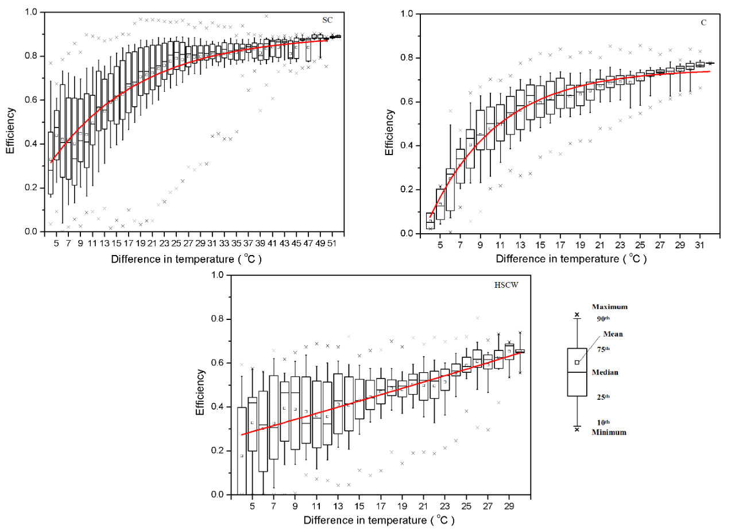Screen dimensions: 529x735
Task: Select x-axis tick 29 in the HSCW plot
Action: [508, 507]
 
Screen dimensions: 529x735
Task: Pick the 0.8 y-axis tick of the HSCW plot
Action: [218, 319]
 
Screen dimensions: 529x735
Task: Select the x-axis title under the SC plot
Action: [186, 258]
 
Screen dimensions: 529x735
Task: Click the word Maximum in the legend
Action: [610, 307]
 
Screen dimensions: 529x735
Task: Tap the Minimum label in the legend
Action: [609, 432]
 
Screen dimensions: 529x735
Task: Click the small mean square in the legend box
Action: [577, 362]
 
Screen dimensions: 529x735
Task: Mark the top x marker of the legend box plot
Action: [577, 315]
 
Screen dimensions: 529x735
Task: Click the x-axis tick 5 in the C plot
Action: [440, 245]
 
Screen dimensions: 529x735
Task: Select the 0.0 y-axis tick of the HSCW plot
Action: [218, 495]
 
